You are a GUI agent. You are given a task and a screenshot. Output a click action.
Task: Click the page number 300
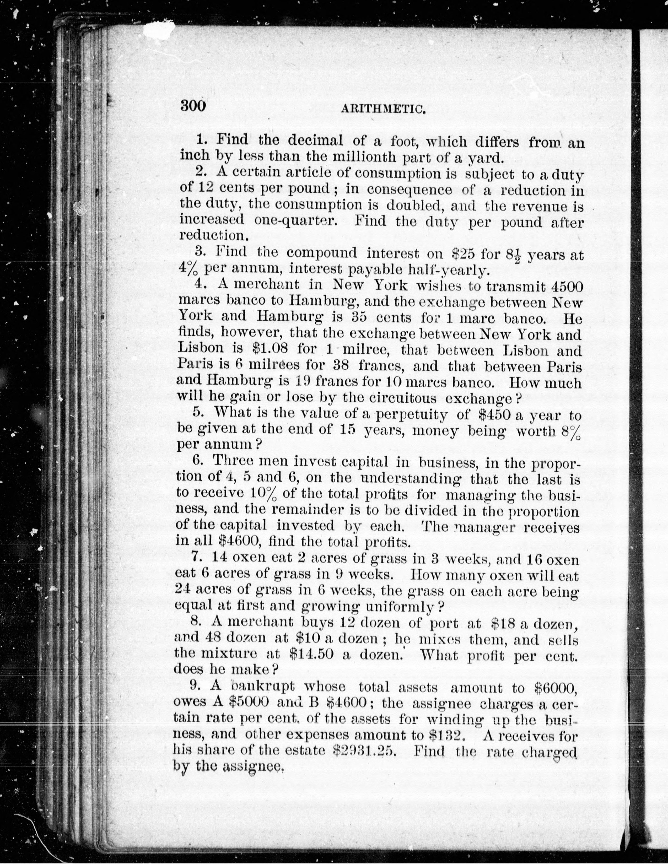pyautogui.click(x=193, y=106)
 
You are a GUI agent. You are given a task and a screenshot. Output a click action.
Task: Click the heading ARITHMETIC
pyautogui.click(x=383, y=109)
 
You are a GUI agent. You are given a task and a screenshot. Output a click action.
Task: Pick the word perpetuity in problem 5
pyautogui.click(x=412, y=414)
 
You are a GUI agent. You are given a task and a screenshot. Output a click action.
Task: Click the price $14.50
pyautogui.click(x=313, y=655)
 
